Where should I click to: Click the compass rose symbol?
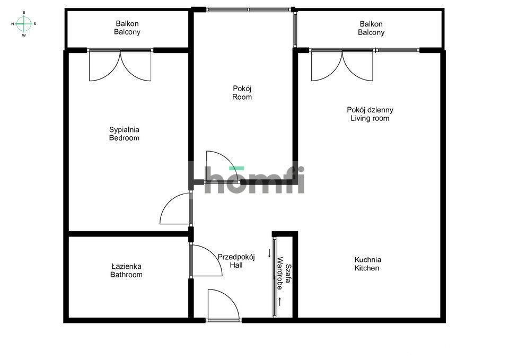24,23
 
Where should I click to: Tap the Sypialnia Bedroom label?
124,134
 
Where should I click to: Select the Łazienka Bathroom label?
126,270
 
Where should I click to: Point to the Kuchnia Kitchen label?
368,264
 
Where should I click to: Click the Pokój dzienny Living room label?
370,114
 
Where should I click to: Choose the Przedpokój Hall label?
236,261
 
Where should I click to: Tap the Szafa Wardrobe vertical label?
284,276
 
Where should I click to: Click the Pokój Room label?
242,93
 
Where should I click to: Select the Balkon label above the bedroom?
127,28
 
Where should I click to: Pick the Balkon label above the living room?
371,28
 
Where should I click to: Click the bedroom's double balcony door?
120,65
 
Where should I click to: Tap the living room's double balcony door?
343,65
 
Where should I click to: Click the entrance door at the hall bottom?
224,306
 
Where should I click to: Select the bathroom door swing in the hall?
207,261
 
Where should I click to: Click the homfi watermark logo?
247,179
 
